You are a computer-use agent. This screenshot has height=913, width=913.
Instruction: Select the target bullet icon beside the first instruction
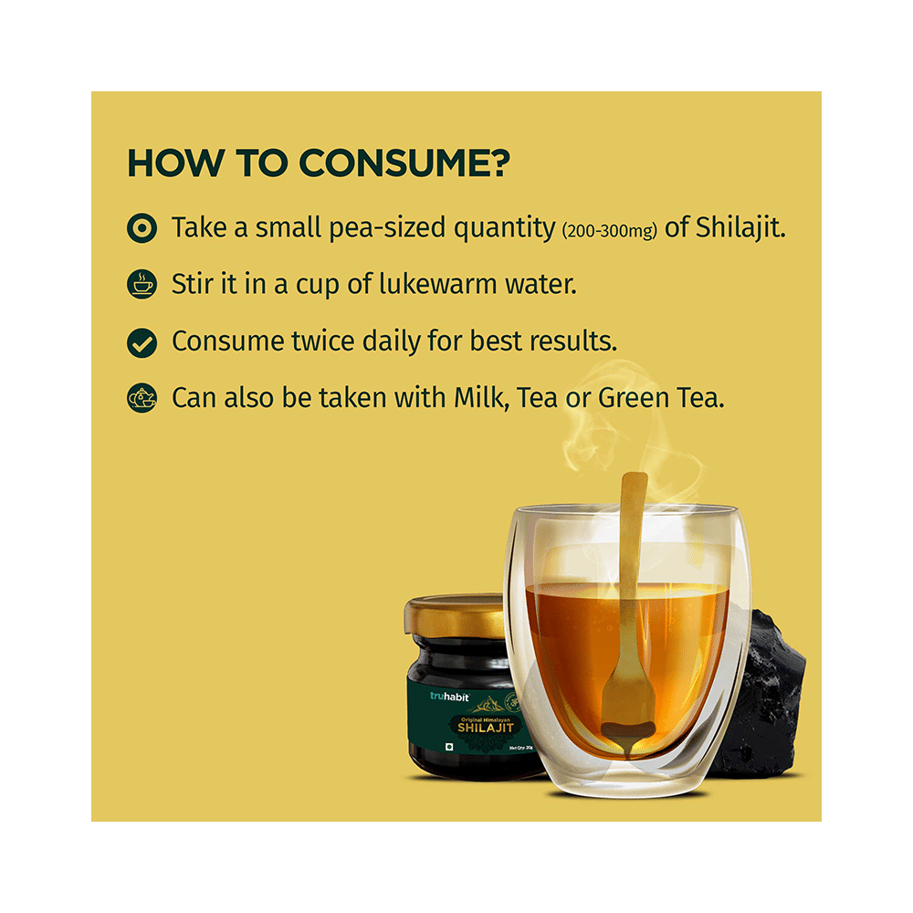(x=141, y=228)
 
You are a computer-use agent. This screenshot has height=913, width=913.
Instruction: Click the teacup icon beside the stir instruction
(x=141, y=285)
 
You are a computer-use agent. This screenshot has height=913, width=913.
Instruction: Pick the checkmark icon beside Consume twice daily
(x=141, y=342)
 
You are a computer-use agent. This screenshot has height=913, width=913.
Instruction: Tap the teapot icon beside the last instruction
(x=141, y=398)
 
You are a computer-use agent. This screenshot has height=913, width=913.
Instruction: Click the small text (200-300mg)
(x=609, y=231)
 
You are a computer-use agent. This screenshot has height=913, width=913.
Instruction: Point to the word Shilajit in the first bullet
(x=740, y=228)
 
